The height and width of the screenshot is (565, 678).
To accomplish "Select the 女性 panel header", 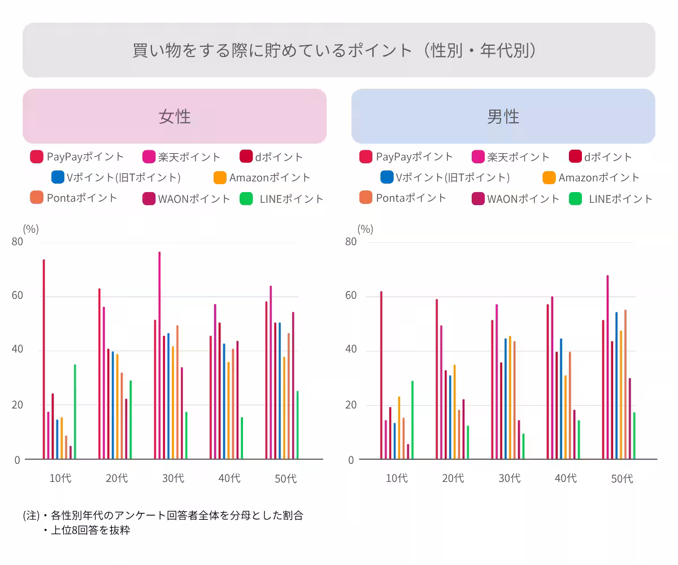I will [175, 116].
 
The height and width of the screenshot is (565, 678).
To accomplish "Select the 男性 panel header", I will [503, 116].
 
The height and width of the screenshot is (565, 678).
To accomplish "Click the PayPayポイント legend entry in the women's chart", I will [77, 157].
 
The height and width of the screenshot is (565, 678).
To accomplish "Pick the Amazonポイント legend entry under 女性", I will [262, 177].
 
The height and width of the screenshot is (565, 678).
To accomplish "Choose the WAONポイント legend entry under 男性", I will [515, 199].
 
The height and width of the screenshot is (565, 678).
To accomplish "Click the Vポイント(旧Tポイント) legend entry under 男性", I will [445, 177].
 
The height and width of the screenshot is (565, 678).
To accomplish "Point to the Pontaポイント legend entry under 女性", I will [74, 198].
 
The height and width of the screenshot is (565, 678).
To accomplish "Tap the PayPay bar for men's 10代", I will [381, 375].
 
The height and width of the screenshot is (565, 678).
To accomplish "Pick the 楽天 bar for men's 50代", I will [607, 367].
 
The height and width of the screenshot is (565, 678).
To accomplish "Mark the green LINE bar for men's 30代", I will [523, 446].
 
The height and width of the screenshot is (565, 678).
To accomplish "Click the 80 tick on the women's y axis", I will [17, 242].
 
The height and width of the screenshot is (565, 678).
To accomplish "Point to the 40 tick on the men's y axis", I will [351, 350].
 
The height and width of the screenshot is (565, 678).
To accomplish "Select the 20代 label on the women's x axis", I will [116, 478].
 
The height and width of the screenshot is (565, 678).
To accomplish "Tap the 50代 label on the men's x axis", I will [622, 479].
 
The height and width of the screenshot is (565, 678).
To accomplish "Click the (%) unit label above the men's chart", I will [365, 229].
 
